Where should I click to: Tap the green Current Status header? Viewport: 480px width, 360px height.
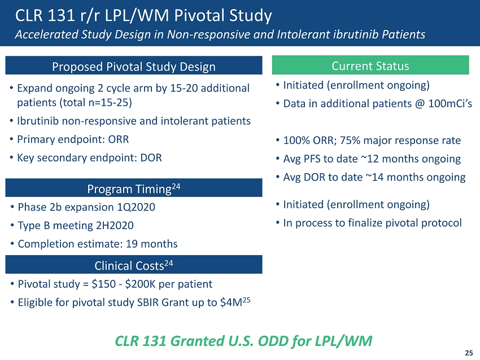click(x=370, y=66)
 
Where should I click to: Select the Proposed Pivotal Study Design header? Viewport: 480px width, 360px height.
click(x=134, y=67)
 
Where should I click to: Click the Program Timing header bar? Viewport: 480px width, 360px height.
click(x=134, y=188)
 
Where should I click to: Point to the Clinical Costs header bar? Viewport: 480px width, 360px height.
click(x=134, y=264)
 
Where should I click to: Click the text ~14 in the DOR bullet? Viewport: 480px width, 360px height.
click(x=366, y=177)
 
